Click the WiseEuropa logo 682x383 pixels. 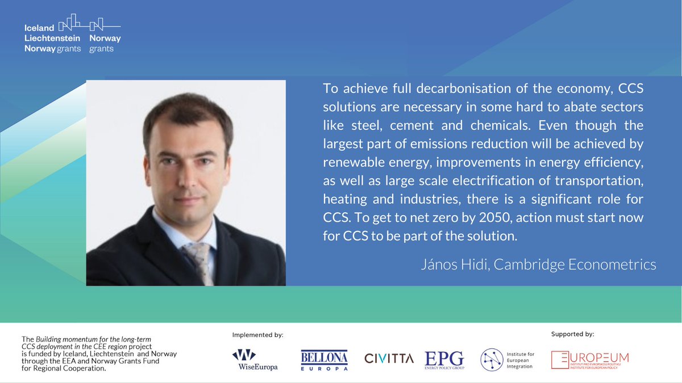[254, 359]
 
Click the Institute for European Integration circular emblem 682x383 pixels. [492, 360]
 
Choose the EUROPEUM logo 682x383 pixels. [590, 359]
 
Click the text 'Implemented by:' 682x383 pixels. [257, 335]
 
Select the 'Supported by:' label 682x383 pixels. [572, 334]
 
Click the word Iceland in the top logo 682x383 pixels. [39, 27]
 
